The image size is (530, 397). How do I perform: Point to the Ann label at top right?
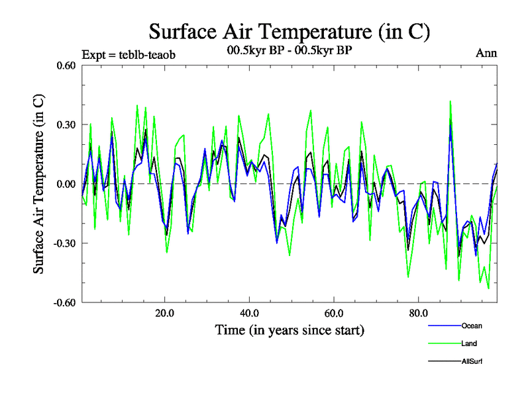[486, 54]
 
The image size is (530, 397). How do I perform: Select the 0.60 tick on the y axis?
[64, 66]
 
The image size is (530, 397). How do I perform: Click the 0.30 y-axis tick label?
[64, 124]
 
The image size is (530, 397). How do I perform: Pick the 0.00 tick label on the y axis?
[64, 184]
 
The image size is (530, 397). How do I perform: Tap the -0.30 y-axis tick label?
[63, 243]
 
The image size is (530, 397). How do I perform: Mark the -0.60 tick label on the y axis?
[63, 302]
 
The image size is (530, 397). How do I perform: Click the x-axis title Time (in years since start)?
[290, 330]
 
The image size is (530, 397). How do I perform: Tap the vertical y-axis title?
[40, 184]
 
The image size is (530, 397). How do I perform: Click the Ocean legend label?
[472, 326]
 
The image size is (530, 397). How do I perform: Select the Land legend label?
[469, 343]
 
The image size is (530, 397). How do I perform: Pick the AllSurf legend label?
[472, 361]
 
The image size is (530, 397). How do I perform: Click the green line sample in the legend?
[445, 343]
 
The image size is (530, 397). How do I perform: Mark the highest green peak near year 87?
[450, 101]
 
